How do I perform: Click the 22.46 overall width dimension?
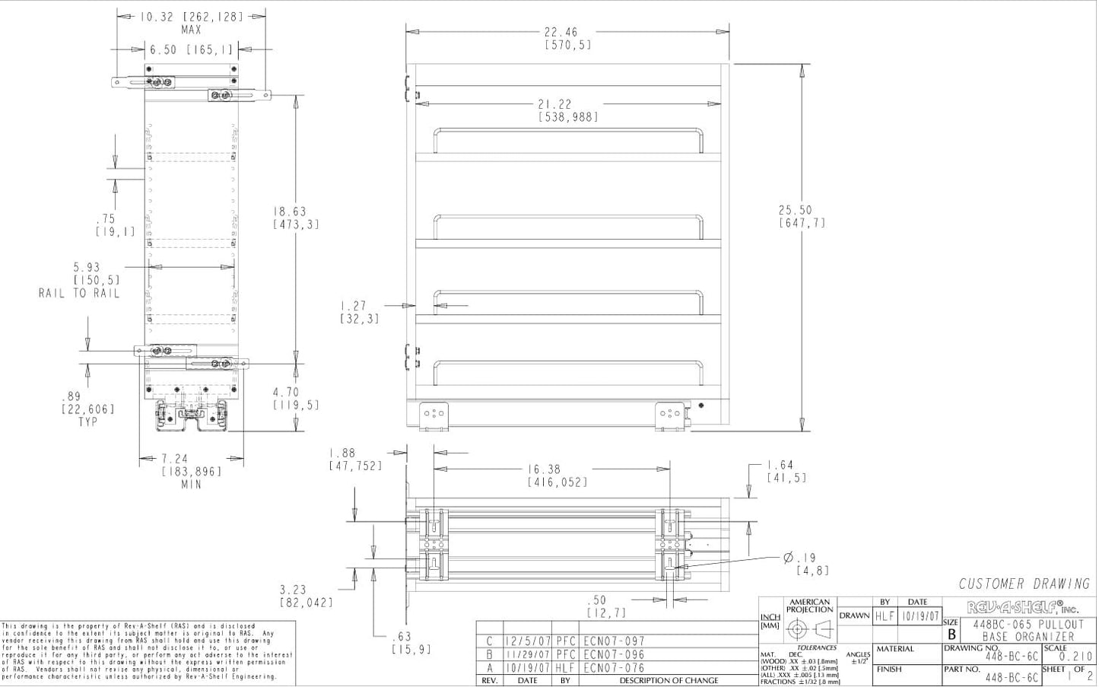point(561,32)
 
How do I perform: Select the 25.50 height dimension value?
point(796,211)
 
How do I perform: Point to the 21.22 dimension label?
point(554,104)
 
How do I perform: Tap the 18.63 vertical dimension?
point(290,212)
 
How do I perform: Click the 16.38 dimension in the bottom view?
point(545,469)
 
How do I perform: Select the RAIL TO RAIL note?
point(80,293)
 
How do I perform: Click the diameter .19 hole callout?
point(799,558)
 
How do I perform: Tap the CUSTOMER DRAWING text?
point(1024,584)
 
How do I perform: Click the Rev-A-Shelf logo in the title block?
point(1021,607)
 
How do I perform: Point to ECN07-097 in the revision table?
point(614,641)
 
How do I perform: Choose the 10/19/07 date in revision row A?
point(526,668)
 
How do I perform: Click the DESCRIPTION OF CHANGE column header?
point(668,681)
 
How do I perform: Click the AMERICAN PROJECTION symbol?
point(809,629)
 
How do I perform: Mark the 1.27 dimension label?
point(354,306)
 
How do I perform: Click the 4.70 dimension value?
point(286,393)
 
